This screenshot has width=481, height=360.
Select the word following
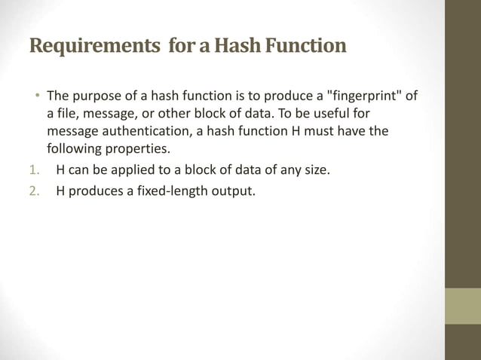tap(77, 147)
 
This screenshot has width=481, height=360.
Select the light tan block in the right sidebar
tap(462, 306)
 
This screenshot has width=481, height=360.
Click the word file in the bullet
tap(70, 114)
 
